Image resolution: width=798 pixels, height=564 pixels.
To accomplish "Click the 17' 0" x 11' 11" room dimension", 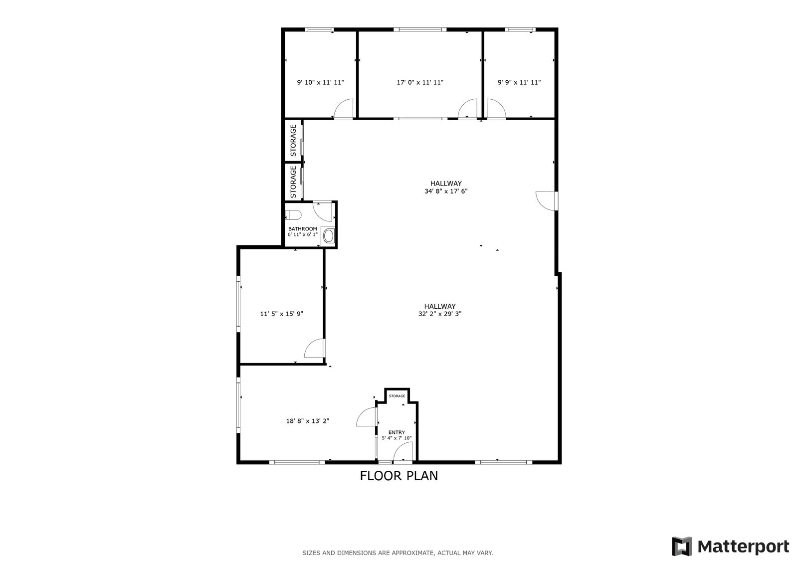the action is tap(420, 82).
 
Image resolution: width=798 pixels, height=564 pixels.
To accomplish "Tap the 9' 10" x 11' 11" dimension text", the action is tap(320, 82).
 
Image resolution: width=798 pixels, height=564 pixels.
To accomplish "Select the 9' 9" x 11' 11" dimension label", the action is tap(519, 82).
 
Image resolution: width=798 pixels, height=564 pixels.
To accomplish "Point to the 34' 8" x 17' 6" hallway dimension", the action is tap(446, 191).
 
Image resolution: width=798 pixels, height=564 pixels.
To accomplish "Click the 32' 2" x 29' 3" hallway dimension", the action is tap(440, 314).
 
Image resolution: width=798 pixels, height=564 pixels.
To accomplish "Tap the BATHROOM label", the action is tap(302, 229).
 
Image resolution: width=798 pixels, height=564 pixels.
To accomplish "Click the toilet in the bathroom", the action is tap(293, 215).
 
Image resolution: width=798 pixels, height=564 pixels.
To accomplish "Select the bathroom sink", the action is tap(329, 236).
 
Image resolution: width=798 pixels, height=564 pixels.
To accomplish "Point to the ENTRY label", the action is tap(397, 432).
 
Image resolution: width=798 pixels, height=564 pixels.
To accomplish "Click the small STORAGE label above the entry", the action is tap(397, 396).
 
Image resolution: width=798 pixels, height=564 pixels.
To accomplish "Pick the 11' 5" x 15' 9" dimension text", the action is tap(281, 314).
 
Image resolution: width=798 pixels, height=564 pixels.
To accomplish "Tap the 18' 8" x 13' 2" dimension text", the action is tap(307, 421).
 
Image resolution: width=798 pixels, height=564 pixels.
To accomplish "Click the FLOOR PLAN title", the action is tap(399, 476).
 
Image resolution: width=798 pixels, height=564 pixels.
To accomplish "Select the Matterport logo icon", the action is tap(682, 546).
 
